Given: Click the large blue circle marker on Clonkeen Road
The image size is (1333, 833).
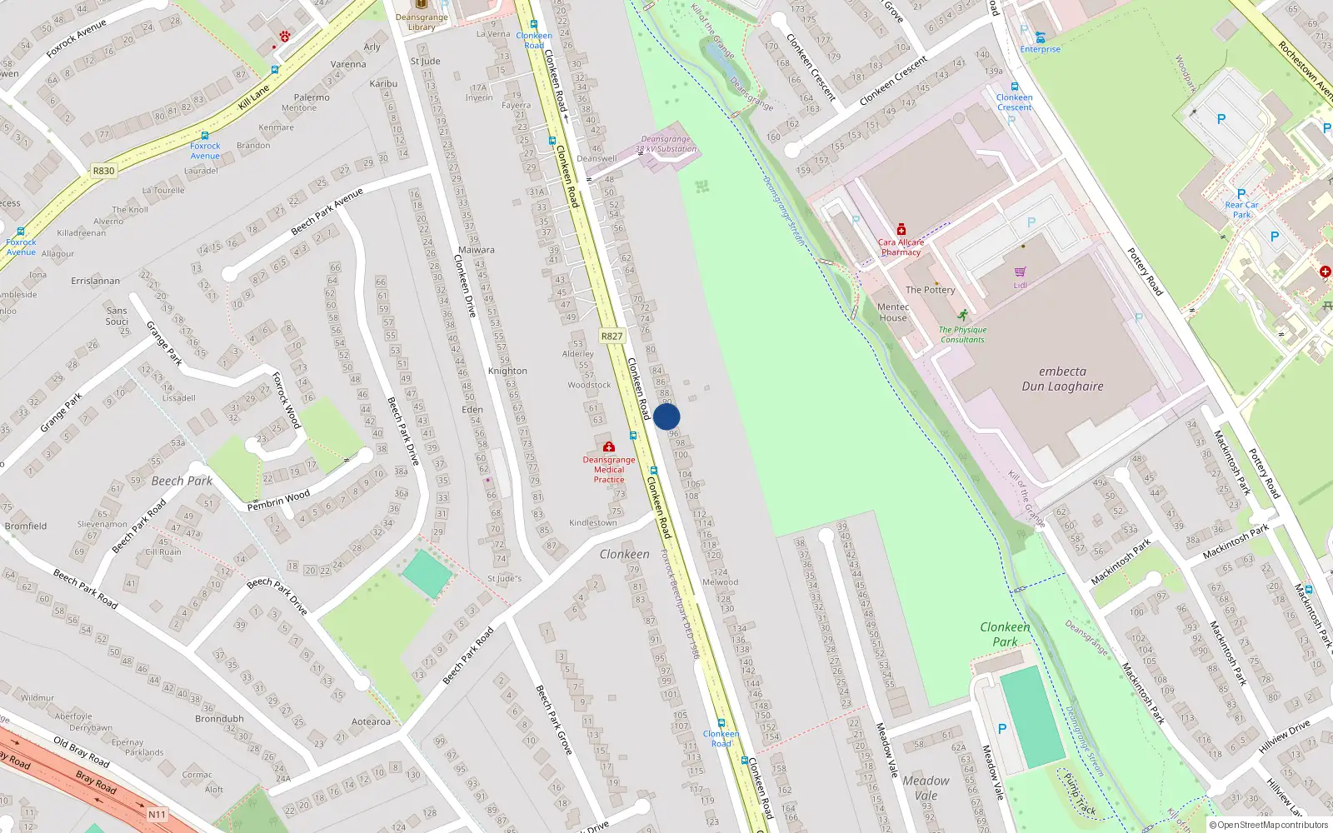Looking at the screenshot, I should click(x=666, y=416).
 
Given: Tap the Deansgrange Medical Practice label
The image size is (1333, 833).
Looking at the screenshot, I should click(x=609, y=470).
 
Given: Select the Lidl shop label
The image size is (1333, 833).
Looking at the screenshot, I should click(x=1020, y=285).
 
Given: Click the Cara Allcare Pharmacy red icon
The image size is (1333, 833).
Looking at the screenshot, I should click(x=901, y=229).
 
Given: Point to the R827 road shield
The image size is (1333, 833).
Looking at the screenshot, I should click(x=612, y=336).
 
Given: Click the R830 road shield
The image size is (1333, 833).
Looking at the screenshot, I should click(x=103, y=171).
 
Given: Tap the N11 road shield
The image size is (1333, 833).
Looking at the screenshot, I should click(x=157, y=815).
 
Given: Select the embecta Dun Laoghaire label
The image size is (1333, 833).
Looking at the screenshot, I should click(x=1062, y=379).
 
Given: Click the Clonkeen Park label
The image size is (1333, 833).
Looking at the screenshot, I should click(x=1005, y=634).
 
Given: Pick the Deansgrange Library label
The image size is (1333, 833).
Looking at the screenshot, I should click(x=422, y=22).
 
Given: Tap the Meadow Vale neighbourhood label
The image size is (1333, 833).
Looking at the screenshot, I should click(x=926, y=788).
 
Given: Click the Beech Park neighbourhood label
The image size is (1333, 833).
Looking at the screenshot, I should click(x=182, y=481).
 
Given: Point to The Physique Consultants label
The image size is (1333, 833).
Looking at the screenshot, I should click(x=962, y=335).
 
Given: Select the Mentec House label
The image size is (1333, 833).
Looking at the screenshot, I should click(x=892, y=312).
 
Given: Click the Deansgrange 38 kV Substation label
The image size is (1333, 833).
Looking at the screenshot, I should click(x=666, y=144).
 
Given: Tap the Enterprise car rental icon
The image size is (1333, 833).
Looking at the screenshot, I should click(x=1040, y=37).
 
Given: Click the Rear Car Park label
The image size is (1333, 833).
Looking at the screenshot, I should click(x=1241, y=209).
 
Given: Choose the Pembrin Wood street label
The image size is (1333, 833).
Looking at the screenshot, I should click(x=278, y=501).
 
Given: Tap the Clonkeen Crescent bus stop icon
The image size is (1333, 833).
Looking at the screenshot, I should click(x=1014, y=87).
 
